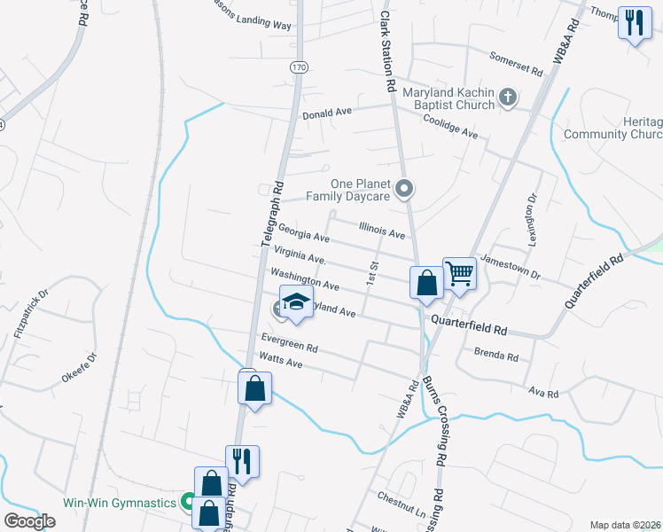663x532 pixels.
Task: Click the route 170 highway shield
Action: click(x=299, y=67)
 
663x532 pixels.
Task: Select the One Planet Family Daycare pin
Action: click(x=404, y=188)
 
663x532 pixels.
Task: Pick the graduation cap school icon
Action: click(x=297, y=301)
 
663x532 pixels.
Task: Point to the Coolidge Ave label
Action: click(x=450, y=126)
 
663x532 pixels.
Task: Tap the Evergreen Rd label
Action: click(x=289, y=342)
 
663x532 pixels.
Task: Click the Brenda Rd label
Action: click(x=496, y=355)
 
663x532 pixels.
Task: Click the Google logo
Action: click(x=30, y=521)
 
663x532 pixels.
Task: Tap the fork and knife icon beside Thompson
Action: click(x=634, y=23)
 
